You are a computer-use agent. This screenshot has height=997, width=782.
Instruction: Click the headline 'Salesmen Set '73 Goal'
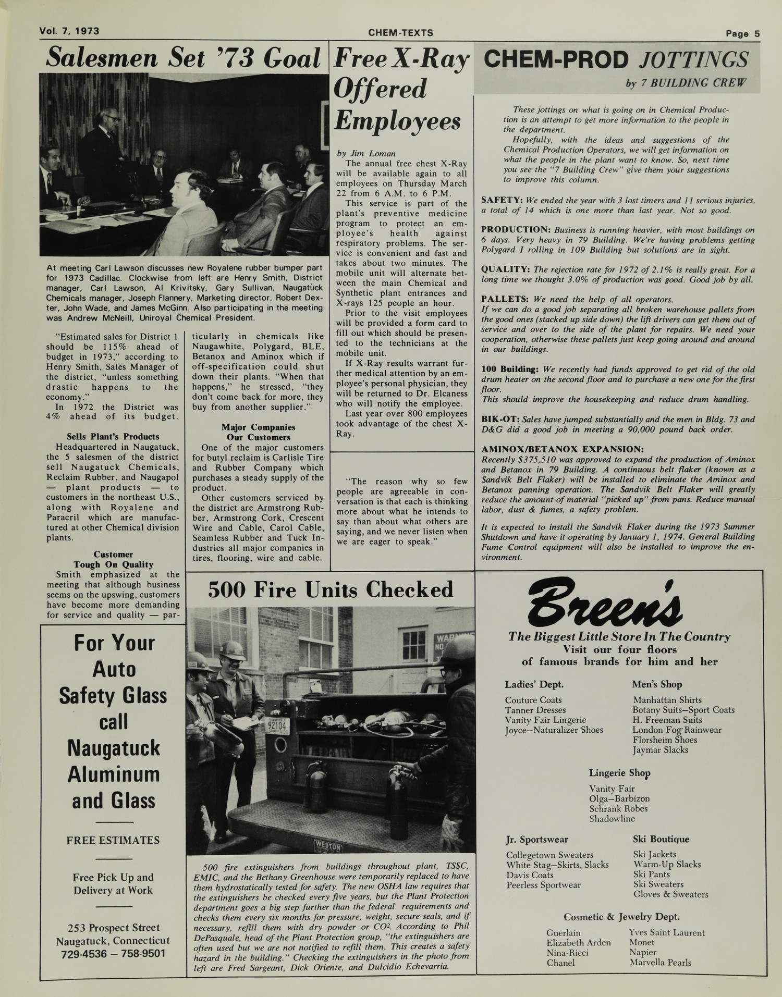click(x=183, y=58)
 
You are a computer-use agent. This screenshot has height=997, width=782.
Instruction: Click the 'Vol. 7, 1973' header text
click(x=69, y=31)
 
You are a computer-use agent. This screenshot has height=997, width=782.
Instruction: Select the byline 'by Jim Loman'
click(x=366, y=153)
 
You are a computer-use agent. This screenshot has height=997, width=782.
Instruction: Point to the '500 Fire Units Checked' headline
click(x=331, y=589)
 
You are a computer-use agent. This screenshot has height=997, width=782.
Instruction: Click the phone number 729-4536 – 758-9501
click(x=113, y=953)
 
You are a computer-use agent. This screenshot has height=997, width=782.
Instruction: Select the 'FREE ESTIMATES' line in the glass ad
click(x=113, y=840)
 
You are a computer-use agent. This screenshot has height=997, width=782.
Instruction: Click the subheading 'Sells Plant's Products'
click(x=113, y=436)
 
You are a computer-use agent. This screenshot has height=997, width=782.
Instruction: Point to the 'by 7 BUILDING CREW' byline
click(x=686, y=83)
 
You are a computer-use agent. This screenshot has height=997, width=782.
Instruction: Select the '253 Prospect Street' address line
click(x=113, y=927)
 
